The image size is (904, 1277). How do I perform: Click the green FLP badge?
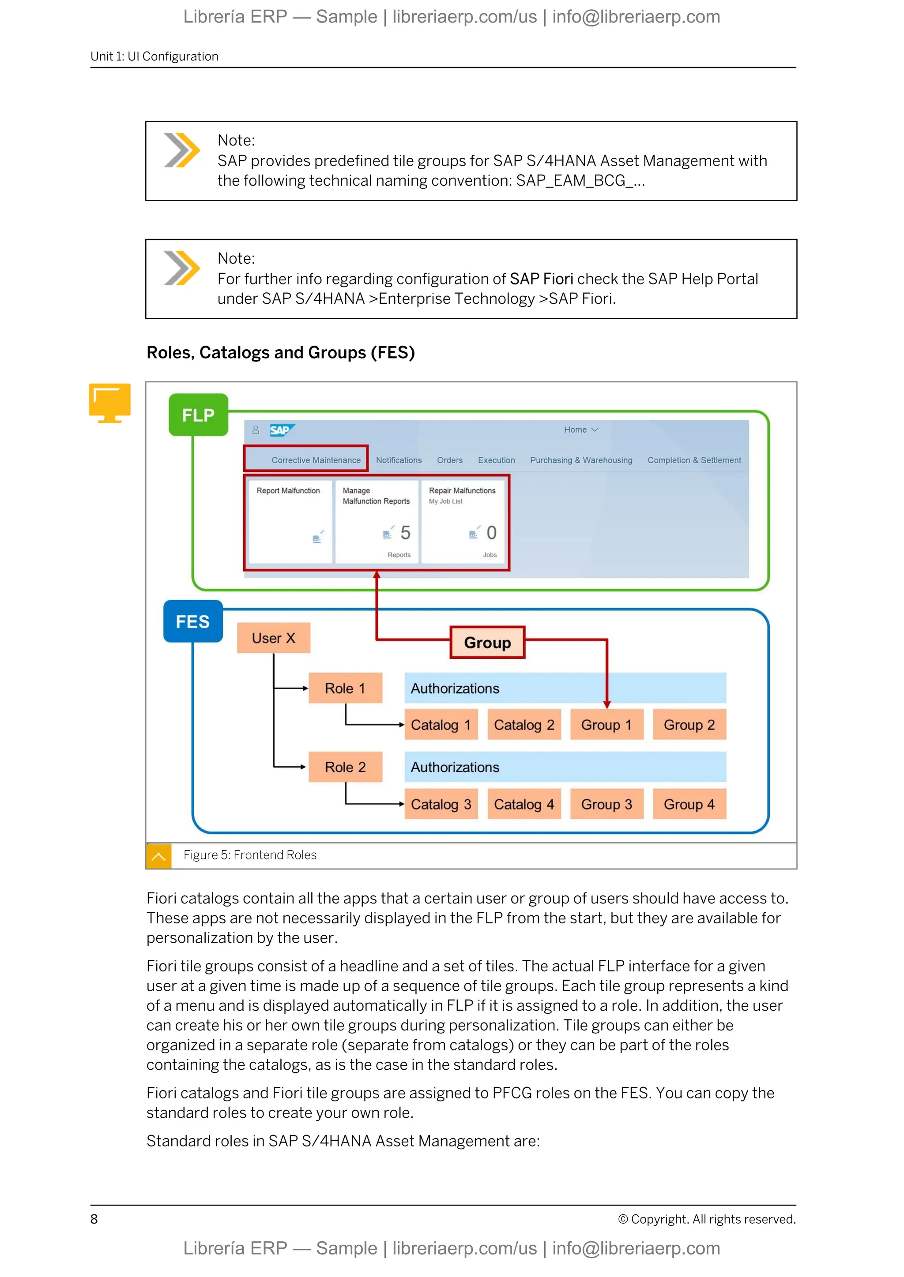pos(198,415)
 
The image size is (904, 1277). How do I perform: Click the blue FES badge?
pos(192,621)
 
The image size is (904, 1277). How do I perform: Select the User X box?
pos(273,638)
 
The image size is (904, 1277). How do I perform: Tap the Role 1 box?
pos(345,689)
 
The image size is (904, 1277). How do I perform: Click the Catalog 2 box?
pos(524,725)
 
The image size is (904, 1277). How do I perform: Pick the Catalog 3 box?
pos(441,804)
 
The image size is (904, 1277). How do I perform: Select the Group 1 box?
pos(606,725)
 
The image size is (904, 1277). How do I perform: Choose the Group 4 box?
pos(689,804)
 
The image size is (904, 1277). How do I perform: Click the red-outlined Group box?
pos(487,643)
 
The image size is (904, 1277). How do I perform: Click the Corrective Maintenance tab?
pos(316,460)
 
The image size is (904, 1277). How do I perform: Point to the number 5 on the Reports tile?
pos(405,533)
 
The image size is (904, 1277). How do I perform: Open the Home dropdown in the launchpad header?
pos(580,430)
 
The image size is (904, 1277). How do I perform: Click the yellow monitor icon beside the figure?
pos(109,402)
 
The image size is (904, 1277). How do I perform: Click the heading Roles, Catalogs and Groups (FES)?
pos(281,353)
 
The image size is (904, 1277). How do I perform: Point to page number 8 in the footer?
pos(94,1219)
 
